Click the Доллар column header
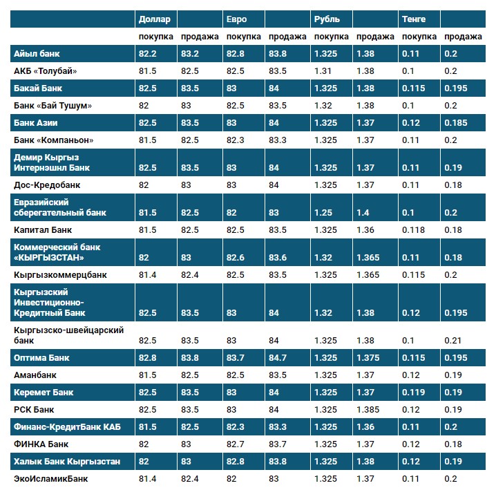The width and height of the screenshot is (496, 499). pos(154,19)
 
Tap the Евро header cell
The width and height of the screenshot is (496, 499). pos(236,19)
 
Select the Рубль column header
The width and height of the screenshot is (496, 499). pos(326,19)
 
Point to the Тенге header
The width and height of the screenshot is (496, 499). pos(413,19)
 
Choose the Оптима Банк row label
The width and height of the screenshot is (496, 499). pos(42,358)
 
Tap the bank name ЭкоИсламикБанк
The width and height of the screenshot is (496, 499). pos(50,478)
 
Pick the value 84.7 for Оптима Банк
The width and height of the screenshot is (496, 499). pos(279,358)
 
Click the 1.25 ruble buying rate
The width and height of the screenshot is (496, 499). pos(323,212)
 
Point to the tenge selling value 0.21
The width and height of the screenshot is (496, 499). pos(453,341)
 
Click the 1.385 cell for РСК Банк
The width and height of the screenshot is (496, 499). pos(369,410)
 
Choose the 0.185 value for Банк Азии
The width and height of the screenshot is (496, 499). pos(456,123)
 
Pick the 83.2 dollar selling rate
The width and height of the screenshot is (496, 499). pos(190,53)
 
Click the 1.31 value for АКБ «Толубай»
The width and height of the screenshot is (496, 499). pos(323,70)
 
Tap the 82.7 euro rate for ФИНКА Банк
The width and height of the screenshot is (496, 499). pos(236,444)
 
